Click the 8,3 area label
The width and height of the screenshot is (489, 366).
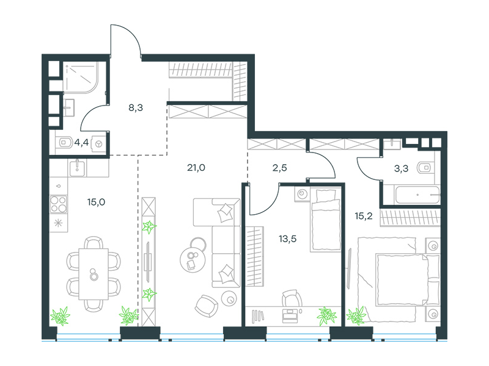click(136, 108)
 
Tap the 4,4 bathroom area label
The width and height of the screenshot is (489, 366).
click(81, 143)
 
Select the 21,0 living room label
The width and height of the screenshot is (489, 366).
click(196, 168)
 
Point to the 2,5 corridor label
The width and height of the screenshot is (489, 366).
click(279, 168)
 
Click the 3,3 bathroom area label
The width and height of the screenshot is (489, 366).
click(401, 168)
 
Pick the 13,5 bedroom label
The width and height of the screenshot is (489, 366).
click(287, 239)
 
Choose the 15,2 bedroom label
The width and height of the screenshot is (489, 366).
click(364, 216)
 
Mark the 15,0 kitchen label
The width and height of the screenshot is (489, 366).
click(96, 202)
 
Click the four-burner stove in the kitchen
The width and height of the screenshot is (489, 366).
click(58, 204)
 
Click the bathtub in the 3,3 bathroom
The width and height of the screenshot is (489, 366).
click(417, 195)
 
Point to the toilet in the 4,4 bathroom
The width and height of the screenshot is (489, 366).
click(65, 143)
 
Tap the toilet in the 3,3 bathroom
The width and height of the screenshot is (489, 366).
click(425, 168)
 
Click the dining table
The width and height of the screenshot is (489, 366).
click(94, 274)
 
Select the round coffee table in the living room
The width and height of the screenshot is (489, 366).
click(193, 259)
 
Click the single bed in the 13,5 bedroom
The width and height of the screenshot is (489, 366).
click(325, 220)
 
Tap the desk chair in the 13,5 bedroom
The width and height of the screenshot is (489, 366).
click(292, 298)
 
